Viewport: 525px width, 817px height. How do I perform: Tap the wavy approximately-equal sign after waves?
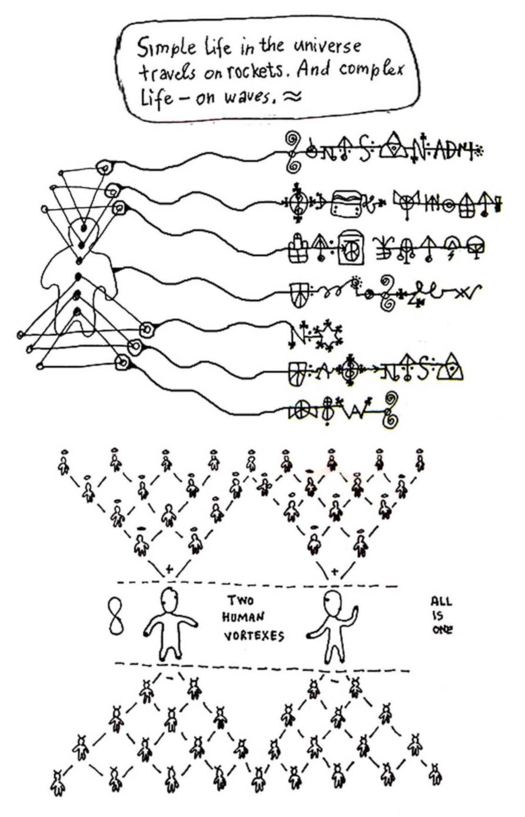point(291,97)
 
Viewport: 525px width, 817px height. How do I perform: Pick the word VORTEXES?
point(254,636)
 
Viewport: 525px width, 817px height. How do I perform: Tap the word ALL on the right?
point(441,601)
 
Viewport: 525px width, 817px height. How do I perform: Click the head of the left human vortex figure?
point(170,600)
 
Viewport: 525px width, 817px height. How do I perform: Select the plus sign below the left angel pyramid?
point(170,569)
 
